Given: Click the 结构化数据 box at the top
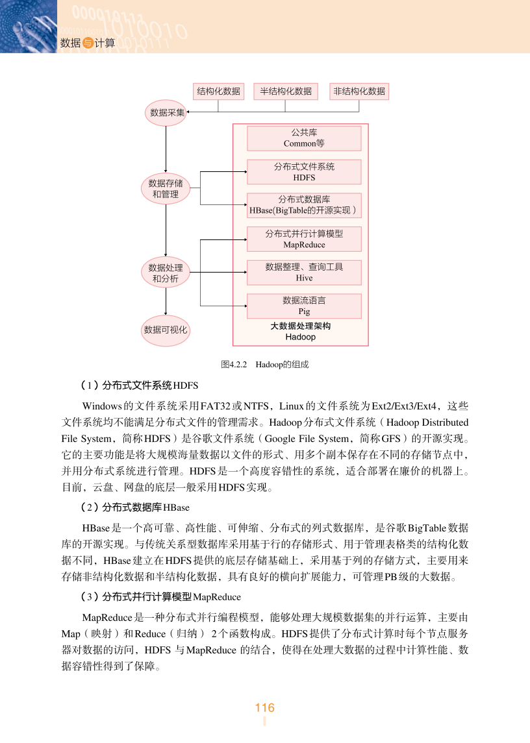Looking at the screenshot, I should pyautogui.click(x=218, y=91).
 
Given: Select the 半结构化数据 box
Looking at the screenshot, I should pyautogui.click(x=286, y=91).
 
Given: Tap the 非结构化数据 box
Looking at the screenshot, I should pyautogui.click(x=359, y=91).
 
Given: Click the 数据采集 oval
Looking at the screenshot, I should pyautogui.click(x=167, y=113).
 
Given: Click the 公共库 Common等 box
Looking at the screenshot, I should pyautogui.click(x=304, y=138).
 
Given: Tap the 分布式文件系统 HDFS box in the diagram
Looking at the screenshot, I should pyautogui.click(x=304, y=172).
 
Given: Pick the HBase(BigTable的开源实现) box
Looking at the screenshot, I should pyautogui.click(x=304, y=205).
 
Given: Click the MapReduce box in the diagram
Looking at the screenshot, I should pyautogui.click(x=304, y=239).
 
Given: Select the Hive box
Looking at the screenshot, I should pyautogui.click(x=304, y=273).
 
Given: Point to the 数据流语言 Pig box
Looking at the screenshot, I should pyautogui.click(x=304, y=306).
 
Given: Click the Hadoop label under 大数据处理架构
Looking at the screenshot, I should pyautogui.click(x=300, y=337).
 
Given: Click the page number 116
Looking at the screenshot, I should pyautogui.click(x=264, y=708).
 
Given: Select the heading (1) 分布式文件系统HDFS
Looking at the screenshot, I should pyautogui.click(x=139, y=385).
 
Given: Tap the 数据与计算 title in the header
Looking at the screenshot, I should pyautogui.click(x=87, y=43).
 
